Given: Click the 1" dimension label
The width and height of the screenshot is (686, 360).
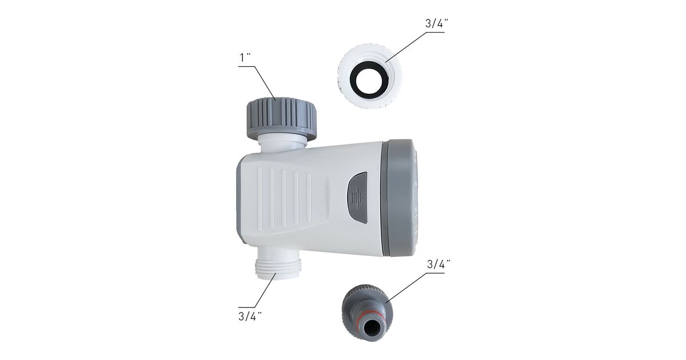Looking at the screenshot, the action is click(245, 57).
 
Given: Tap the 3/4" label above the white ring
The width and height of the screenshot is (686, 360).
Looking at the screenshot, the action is click(437, 23).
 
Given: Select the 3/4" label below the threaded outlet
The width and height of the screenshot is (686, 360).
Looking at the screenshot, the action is click(250, 316).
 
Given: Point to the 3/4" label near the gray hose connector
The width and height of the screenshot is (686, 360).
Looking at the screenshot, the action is click(438, 264).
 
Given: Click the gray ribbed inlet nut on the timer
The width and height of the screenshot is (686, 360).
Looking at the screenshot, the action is click(281, 118).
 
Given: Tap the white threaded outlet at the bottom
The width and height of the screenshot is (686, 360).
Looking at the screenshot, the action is click(278, 266).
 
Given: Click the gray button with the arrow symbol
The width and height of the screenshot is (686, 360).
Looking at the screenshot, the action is click(357, 198).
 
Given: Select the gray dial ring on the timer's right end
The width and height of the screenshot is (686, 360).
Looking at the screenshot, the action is click(400, 198).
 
